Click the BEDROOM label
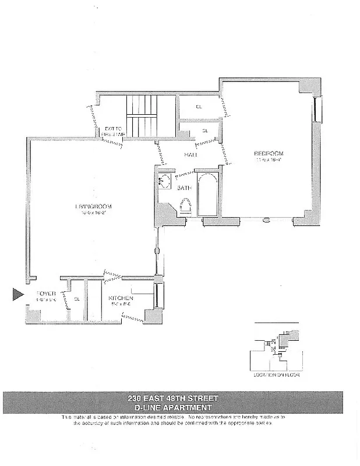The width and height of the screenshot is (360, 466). point(268,154)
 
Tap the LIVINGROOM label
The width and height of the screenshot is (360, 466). point(93,207)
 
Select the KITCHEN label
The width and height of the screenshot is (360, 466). point(121,298)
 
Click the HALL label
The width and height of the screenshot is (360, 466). point(190,155)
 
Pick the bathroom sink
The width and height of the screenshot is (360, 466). point(164,181)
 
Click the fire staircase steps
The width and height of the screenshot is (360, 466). point(142,116)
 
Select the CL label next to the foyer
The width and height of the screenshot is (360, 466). point(76,300)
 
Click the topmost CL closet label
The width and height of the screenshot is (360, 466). point(199,107)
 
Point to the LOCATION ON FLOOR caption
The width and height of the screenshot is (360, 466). point(276,375)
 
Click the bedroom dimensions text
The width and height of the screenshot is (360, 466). point(269,160)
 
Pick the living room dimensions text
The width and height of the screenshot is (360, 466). point(93,213)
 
